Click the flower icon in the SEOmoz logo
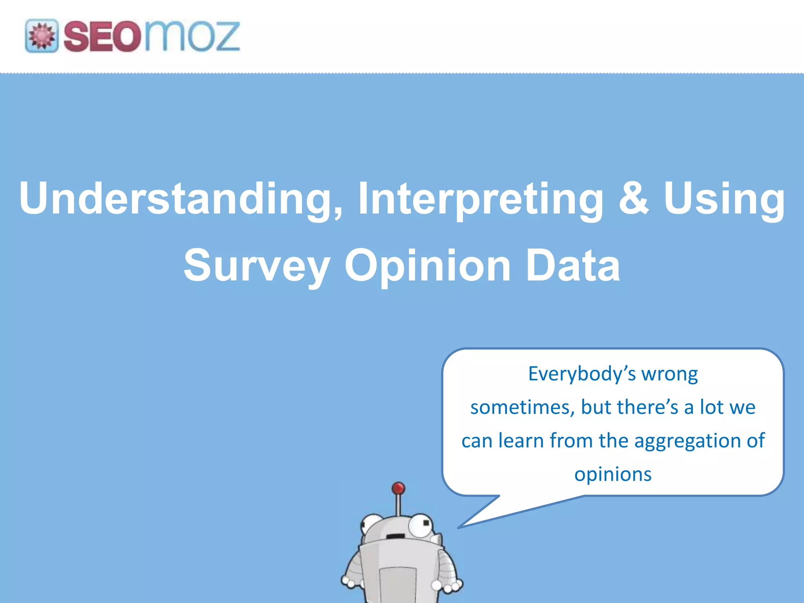click(x=42, y=36)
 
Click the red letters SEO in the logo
click(x=101, y=37)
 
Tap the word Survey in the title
click(x=257, y=266)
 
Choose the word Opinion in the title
click(x=427, y=266)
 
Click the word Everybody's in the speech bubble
click(x=581, y=374)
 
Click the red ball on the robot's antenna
click(x=398, y=488)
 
